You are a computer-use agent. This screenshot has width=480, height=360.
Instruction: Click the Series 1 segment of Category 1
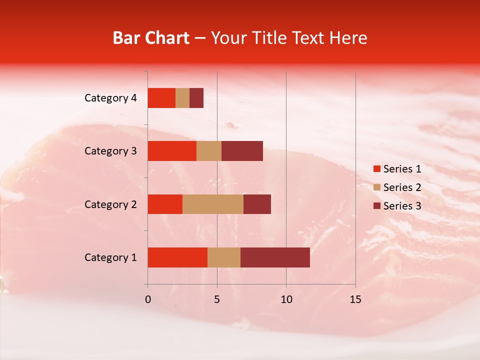pos(177,257)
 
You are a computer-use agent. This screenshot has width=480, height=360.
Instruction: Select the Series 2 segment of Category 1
pos(224,257)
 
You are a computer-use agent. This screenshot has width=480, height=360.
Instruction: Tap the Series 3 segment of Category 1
pos(275,257)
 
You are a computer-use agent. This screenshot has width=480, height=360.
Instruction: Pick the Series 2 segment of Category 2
pos(213,204)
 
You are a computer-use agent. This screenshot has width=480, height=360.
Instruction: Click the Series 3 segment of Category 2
pos(257,204)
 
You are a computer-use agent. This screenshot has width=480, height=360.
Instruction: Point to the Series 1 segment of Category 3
pos(172,151)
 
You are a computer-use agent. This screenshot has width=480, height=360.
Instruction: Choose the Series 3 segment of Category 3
pos(242,151)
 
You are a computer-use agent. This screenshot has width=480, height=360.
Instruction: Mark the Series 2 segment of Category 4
pos(182,98)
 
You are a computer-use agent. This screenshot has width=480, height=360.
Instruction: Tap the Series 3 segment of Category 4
pos(196,98)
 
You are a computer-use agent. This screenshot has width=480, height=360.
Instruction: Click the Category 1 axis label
pos(110,257)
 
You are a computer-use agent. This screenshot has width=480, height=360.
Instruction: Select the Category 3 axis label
pos(110,151)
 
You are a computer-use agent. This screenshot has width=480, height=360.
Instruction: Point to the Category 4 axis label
pos(110,98)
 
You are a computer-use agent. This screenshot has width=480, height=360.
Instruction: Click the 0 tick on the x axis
pos(148,299)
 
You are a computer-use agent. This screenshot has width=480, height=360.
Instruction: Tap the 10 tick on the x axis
pos(286,299)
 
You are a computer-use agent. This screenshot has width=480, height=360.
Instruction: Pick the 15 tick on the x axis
pos(355,299)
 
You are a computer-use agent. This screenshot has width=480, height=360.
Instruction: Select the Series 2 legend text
pos(402,187)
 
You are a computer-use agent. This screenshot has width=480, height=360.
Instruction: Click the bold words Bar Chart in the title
pos(151,38)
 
